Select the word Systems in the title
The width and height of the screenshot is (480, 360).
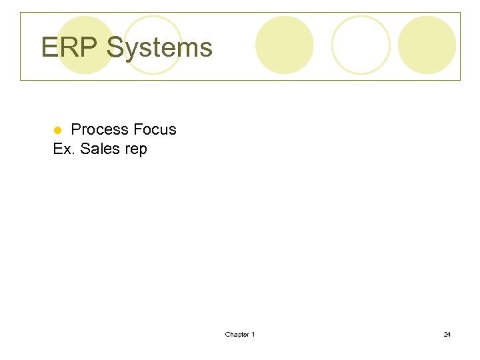(x=159, y=48)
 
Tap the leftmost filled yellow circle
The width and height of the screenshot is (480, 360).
(x=85, y=45)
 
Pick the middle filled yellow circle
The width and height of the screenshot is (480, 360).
(x=285, y=45)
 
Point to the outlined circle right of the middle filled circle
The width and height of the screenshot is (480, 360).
(x=361, y=45)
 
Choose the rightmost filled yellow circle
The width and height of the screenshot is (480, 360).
(x=427, y=45)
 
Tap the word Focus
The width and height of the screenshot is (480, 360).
(x=155, y=129)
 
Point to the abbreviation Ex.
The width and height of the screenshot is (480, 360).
(x=63, y=149)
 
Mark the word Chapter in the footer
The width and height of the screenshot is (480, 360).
(x=237, y=334)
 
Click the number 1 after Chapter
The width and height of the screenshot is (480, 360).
(x=253, y=334)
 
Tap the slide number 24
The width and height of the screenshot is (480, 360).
(x=447, y=334)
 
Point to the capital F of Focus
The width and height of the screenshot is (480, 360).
(x=137, y=129)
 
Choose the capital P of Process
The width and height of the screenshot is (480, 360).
(x=75, y=129)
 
